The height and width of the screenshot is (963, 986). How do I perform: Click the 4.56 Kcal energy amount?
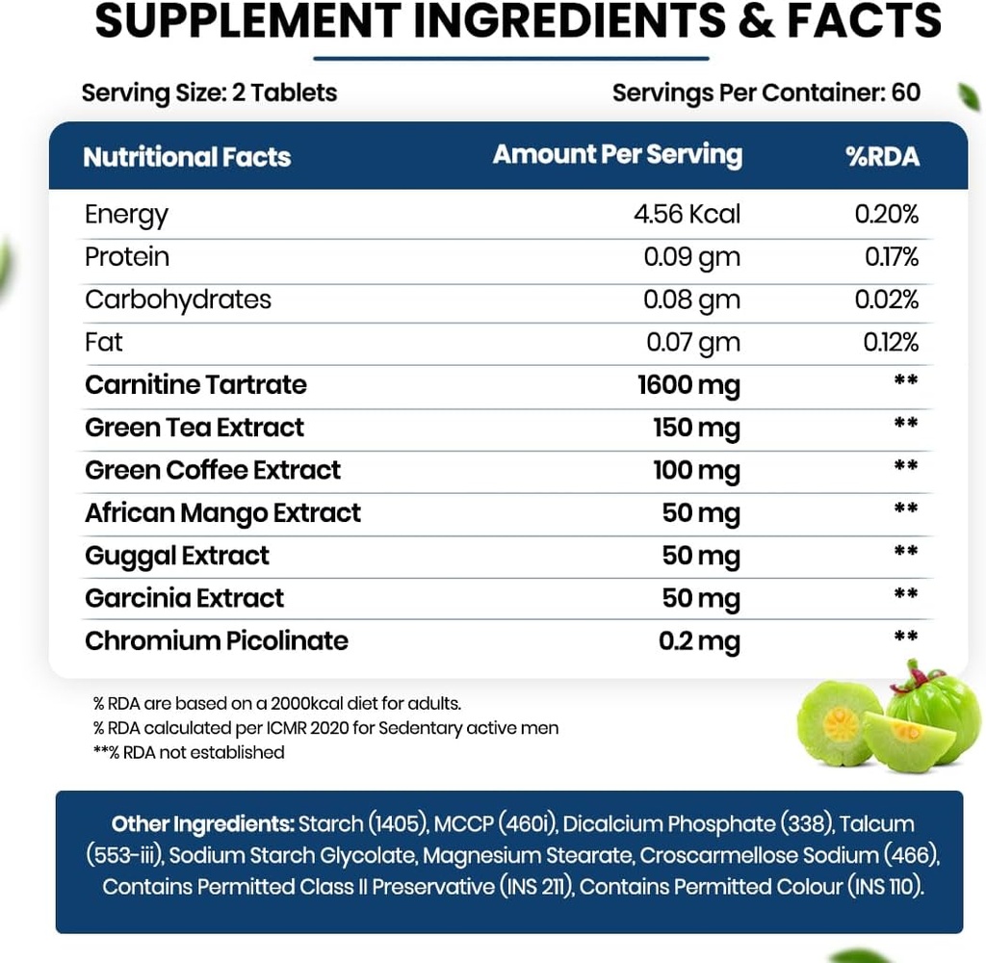687,214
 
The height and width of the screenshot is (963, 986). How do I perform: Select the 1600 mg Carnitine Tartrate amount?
688,385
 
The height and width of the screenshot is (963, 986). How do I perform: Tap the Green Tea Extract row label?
195,428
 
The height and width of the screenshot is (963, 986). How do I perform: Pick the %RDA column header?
882,157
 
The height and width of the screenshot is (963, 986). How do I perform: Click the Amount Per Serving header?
617,155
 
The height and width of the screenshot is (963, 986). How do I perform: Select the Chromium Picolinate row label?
217,641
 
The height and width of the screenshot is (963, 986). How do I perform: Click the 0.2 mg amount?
699,641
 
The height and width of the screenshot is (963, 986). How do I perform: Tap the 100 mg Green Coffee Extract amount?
696,471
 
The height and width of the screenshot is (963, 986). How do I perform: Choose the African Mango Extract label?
222,513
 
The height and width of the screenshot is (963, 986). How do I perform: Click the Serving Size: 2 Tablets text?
209,92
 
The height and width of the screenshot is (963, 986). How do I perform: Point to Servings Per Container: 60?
765,92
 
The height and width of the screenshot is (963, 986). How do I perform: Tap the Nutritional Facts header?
187,157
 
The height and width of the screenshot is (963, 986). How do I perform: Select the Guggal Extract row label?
177,556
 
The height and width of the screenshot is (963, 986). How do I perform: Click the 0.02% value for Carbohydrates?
886,299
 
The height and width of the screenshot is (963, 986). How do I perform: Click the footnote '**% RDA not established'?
189,752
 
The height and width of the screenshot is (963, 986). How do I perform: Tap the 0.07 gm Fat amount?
691,342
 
